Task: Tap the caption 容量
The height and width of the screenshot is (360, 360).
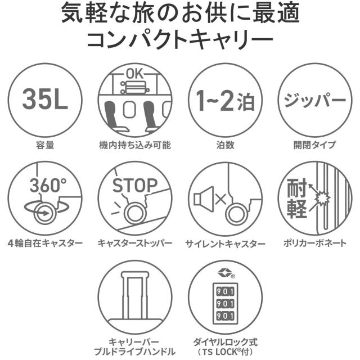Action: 46,145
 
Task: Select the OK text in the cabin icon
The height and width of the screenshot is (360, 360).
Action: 135,73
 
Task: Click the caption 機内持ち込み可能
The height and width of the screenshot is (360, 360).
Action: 135,145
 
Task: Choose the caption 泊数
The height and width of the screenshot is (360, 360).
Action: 225,145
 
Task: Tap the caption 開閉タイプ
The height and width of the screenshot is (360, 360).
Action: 315,145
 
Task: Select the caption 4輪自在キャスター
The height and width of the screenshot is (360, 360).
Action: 46,244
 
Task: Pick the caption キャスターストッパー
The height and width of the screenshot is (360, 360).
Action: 135,244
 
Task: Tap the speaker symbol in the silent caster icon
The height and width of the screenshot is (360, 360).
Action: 204,199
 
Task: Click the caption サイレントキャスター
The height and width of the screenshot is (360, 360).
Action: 225,244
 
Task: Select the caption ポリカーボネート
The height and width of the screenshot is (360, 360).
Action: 315,244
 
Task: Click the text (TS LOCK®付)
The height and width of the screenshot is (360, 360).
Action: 225,352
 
